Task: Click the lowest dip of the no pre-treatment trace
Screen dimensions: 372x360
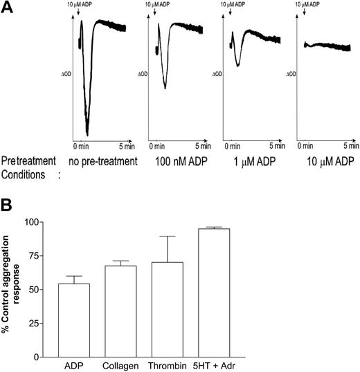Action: coord(88,134)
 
